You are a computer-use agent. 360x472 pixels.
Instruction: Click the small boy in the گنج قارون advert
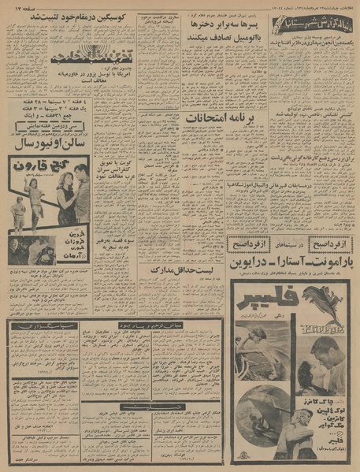click(20, 208)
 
